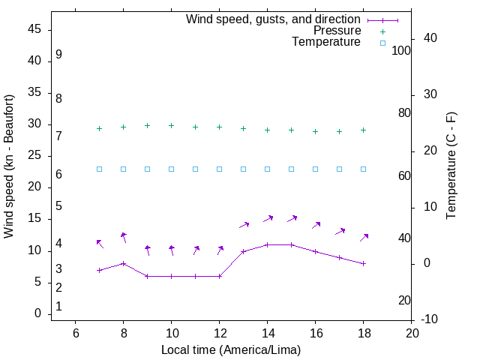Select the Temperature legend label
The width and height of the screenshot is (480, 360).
tap(326, 42)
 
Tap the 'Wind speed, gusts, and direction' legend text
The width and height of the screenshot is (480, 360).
tap(274, 19)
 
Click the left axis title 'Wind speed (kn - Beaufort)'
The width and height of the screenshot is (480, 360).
tap(9, 166)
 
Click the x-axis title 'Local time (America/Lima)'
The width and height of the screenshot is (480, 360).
tap(231, 349)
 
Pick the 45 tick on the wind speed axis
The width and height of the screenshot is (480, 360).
tap(34, 30)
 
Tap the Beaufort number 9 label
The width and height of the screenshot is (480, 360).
tap(58, 55)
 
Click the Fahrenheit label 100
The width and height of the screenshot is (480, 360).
tap(401, 50)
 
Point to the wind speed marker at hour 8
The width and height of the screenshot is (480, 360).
tap(124, 264)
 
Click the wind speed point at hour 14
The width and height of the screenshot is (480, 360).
tap(268, 244)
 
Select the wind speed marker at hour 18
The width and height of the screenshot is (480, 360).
tap(364, 264)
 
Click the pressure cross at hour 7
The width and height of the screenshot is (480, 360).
tap(100, 129)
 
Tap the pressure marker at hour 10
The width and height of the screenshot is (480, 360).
tap(172, 126)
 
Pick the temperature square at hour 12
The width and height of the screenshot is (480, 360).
tap(220, 169)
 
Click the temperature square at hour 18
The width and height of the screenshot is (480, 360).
tap(364, 169)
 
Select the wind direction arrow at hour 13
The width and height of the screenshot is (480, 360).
tap(244, 224)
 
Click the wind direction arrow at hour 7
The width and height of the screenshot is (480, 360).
tap(100, 244)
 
